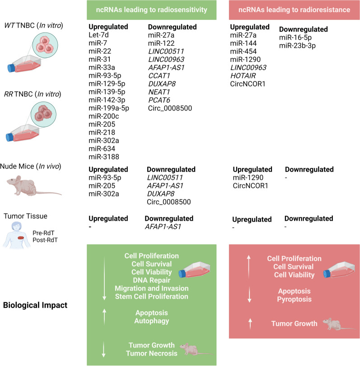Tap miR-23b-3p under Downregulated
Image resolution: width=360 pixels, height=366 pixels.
click(x=298, y=45)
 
